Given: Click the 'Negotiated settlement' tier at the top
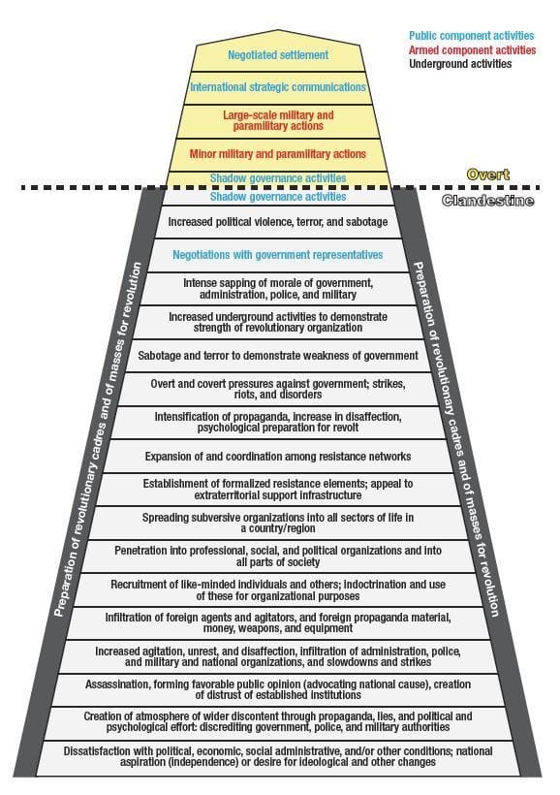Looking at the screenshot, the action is click(278, 54).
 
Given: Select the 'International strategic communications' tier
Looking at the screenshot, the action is click(278, 87).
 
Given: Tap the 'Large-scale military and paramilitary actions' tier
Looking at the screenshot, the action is click(278, 120).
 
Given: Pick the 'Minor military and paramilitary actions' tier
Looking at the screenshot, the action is click(278, 153).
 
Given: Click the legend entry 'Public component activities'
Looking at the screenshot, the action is click(471, 36).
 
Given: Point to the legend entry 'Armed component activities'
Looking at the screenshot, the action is click(473, 49).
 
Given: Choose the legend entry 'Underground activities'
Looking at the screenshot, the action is click(460, 63).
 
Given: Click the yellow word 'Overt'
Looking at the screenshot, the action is click(488, 175).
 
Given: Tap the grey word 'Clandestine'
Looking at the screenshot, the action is click(487, 201).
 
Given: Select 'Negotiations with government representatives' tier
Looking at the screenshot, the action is click(278, 255).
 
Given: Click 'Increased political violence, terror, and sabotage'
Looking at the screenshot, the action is click(278, 222).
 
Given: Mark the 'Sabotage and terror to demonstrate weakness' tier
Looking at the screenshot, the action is click(278, 356).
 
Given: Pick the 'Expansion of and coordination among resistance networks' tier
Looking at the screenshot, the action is click(278, 457).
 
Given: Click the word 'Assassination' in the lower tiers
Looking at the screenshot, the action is click(117, 684).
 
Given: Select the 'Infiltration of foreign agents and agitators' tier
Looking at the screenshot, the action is click(278, 622).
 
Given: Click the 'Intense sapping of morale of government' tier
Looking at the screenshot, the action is click(278, 289).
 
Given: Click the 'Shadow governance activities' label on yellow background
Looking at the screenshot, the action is click(278, 178).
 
